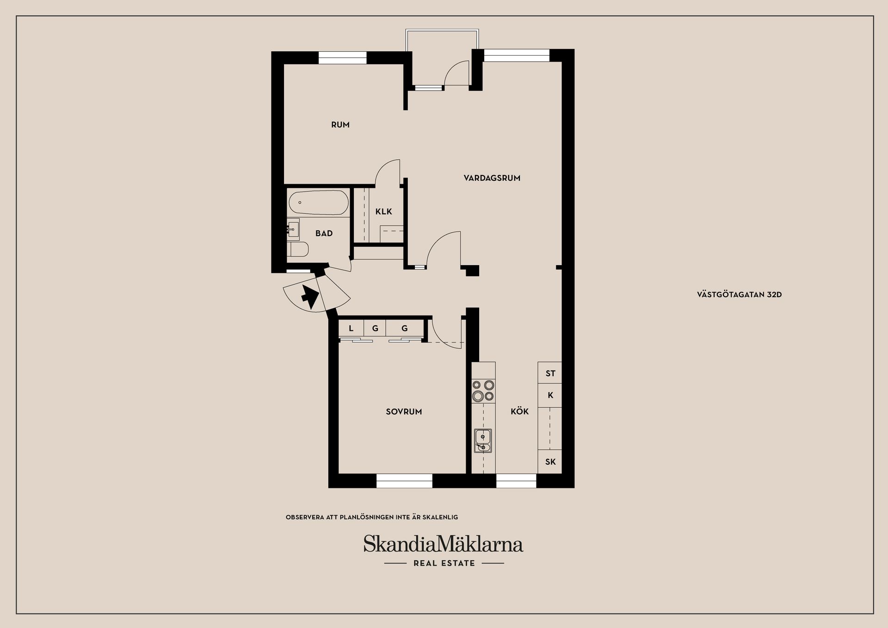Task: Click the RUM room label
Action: point(340,124)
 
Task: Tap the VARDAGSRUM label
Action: point(492,178)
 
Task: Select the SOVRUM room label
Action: point(404,411)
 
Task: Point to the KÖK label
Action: point(519,411)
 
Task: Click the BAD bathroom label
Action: point(324,233)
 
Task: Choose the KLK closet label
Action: point(383,211)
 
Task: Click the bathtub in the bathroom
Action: point(318,203)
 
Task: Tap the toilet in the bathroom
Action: point(298,250)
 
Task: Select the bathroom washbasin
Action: point(293,229)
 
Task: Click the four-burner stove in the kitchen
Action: point(483,390)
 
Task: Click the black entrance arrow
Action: point(309,296)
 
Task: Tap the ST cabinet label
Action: point(550,373)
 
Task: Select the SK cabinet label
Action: point(550,461)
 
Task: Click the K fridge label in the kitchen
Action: point(550,395)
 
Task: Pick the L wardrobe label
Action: point(351,329)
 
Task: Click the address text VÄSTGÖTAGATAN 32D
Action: point(739,294)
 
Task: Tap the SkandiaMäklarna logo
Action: point(443,544)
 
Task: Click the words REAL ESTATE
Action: point(444,563)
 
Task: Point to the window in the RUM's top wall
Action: point(342,57)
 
